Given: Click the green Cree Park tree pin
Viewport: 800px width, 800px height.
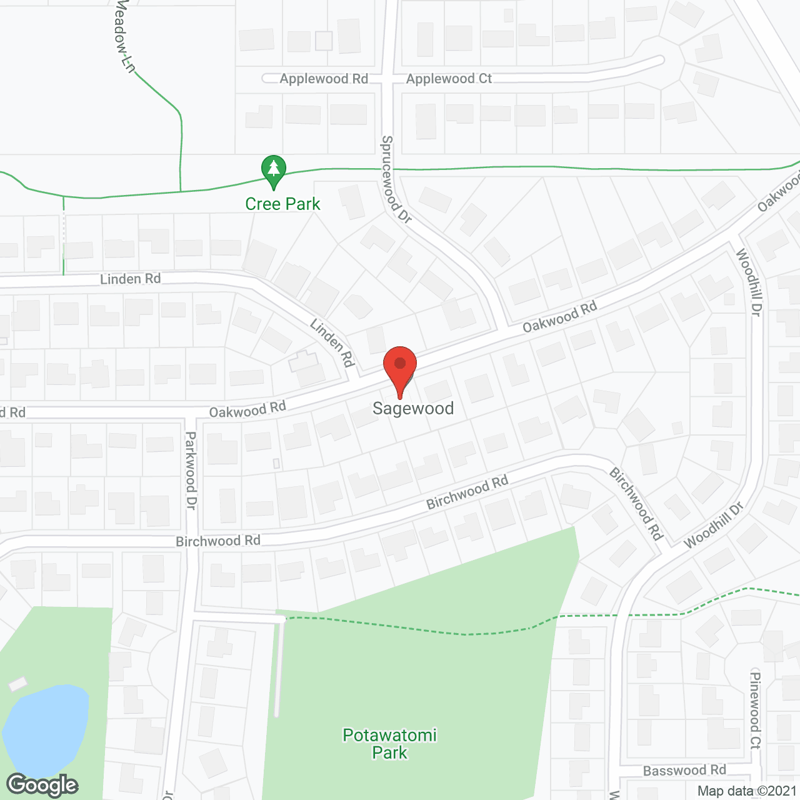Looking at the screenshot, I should (x=273, y=171).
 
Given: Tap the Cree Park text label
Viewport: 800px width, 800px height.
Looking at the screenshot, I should (x=282, y=204).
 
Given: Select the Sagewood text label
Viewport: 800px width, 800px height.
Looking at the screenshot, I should (x=413, y=409).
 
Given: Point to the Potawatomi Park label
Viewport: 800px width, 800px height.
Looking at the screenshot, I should (x=389, y=744).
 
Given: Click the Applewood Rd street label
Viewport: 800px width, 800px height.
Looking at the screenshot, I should (x=324, y=79).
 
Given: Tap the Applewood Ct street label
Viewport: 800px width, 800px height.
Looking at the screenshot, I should (x=449, y=79).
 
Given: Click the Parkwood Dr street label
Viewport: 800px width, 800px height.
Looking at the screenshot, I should (x=191, y=470).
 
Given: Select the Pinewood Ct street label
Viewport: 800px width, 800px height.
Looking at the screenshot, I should (x=756, y=710).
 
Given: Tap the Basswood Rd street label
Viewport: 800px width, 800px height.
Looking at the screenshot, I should (x=684, y=771).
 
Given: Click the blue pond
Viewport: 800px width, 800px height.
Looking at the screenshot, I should (x=45, y=728).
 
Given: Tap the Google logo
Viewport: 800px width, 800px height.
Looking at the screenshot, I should (x=42, y=785).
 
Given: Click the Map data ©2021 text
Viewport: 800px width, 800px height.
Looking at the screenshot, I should (x=747, y=791).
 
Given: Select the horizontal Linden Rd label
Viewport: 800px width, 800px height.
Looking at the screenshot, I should (x=130, y=279).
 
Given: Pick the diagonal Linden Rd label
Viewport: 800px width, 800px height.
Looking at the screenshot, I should (x=332, y=342).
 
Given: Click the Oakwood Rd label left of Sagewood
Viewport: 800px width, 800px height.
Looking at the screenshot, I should (x=247, y=410).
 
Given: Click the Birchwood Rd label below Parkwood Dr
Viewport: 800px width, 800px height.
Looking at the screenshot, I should (x=217, y=541).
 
